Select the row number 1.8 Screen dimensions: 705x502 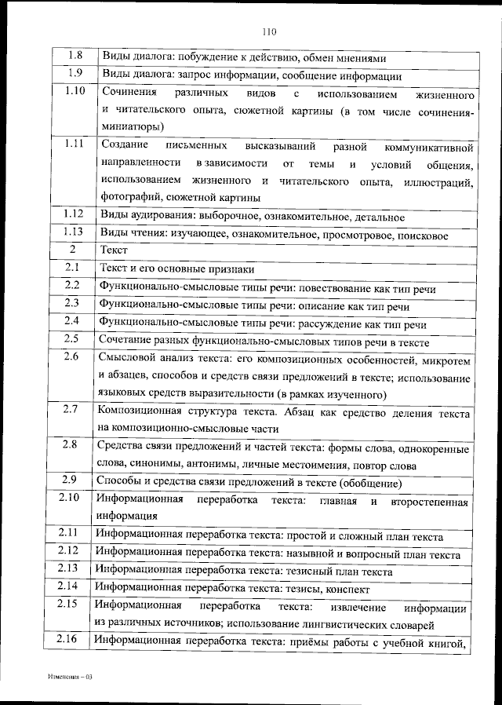click(75, 57)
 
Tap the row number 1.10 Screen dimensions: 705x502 click(75, 92)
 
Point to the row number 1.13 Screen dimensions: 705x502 click(73, 232)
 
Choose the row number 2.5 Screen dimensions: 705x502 click(71, 340)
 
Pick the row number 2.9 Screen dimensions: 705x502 click(69, 480)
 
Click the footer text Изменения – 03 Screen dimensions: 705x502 click(70, 676)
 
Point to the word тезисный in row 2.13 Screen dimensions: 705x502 click(309, 570)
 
